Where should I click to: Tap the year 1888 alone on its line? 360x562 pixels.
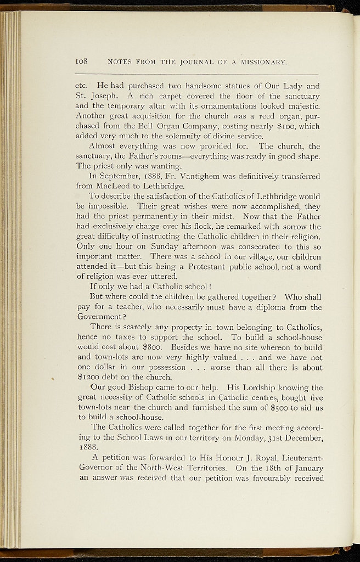(85, 447)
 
